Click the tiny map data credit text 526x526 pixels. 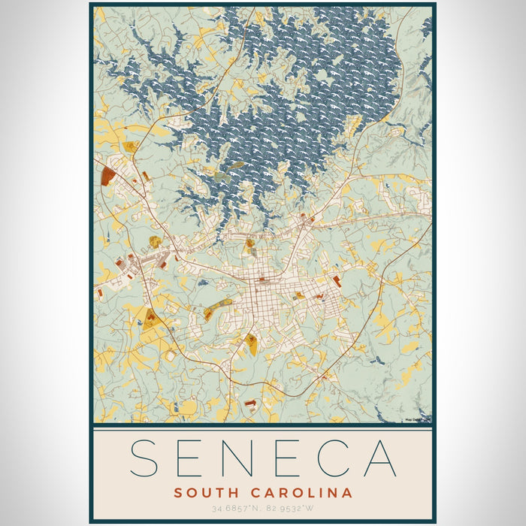[x=416, y=419]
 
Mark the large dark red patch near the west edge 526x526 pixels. [x=107, y=176]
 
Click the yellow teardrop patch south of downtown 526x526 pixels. [x=252, y=345]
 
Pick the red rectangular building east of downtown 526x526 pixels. [x=336, y=281]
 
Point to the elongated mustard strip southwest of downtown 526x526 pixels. [x=218, y=307]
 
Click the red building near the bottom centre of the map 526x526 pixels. [x=250, y=404]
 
